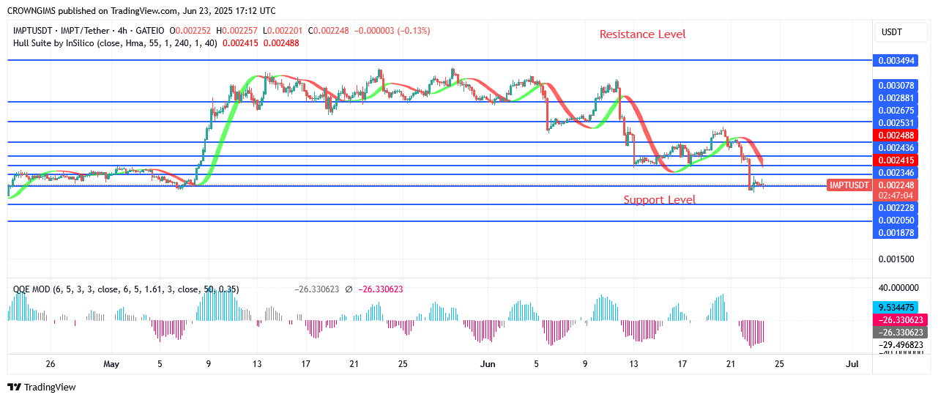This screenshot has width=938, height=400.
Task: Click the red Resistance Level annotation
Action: (x=642, y=34)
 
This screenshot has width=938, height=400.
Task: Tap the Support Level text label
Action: (x=660, y=200)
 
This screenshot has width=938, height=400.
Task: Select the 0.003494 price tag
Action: (x=896, y=61)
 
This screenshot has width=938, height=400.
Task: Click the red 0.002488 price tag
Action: (x=896, y=136)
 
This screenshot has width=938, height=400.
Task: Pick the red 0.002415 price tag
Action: (x=896, y=160)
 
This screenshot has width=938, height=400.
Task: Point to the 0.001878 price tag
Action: (x=896, y=233)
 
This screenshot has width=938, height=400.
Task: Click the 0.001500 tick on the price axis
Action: (x=896, y=259)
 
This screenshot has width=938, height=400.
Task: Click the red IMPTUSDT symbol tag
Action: (x=849, y=185)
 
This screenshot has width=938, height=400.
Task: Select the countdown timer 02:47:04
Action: (x=896, y=196)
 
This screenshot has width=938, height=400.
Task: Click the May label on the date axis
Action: (x=111, y=364)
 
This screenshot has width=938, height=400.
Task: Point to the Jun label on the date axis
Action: (x=488, y=364)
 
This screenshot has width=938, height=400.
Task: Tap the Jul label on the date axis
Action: (x=852, y=364)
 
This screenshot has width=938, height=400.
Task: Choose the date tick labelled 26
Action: (x=51, y=364)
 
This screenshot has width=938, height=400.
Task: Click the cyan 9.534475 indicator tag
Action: (x=896, y=308)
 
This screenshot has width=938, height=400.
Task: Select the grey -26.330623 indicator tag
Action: (x=896, y=333)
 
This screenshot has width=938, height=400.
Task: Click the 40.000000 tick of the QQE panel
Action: (x=898, y=288)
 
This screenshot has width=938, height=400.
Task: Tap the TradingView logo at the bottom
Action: (x=42, y=387)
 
